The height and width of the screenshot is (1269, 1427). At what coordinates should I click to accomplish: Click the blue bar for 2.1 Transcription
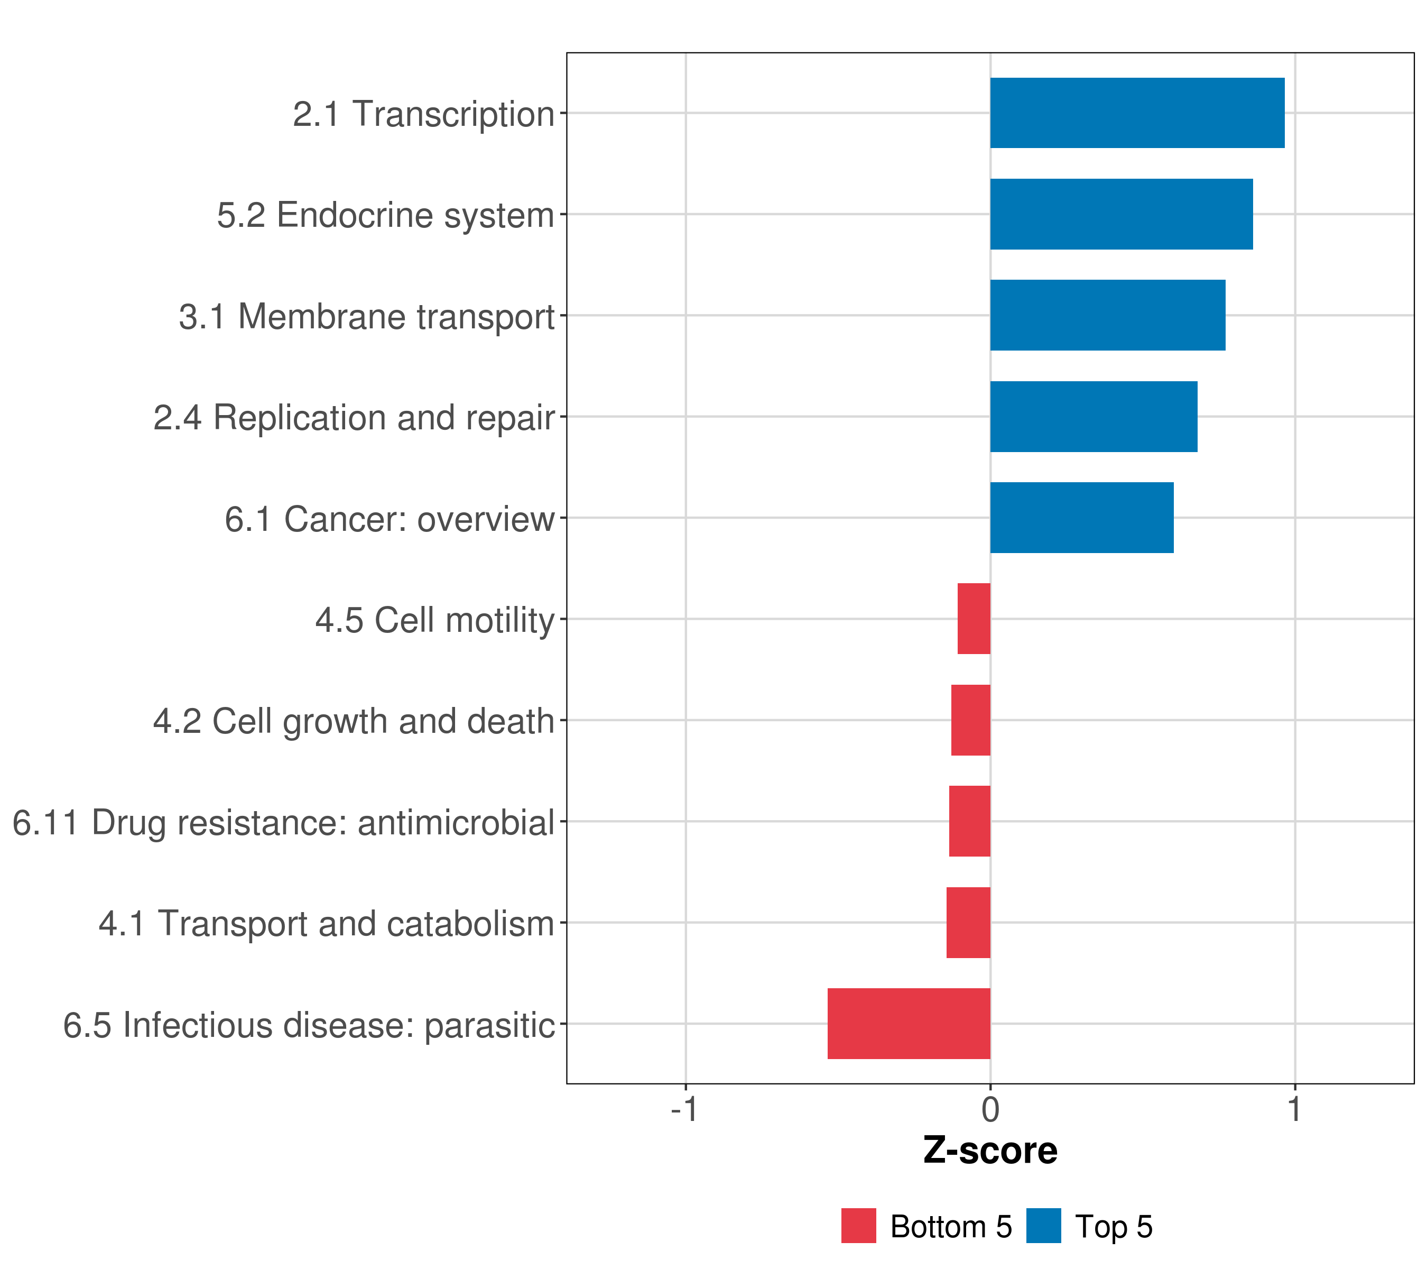coord(1136,113)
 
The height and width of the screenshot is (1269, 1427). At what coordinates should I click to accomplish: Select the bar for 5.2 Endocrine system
coord(1121,215)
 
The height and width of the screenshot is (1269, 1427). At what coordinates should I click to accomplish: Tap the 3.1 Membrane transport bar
coord(1107,316)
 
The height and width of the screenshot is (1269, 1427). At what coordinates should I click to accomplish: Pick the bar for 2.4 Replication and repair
coord(1094,417)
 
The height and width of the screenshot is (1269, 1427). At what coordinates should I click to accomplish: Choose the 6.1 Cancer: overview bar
coord(1081,518)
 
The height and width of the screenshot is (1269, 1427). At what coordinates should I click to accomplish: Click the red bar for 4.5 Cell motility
coord(974,619)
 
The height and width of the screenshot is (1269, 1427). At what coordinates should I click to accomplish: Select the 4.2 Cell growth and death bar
coord(970,720)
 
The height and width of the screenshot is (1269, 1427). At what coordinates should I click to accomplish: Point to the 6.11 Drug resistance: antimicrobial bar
coord(970,821)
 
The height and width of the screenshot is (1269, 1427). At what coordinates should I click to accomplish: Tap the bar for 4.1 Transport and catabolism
coord(968,923)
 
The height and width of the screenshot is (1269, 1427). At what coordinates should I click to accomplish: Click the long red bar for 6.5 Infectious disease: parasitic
coord(909,1024)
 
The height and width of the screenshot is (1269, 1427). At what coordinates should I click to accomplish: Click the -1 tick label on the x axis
coord(684,1110)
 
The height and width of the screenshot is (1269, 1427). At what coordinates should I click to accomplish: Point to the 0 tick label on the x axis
coord(990,1110)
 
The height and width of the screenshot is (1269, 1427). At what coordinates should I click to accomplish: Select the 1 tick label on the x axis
coord(1295,1110)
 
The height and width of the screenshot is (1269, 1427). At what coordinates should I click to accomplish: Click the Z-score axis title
coord(990,1151)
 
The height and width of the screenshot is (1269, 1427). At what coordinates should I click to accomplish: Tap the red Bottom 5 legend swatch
coord(858,1226)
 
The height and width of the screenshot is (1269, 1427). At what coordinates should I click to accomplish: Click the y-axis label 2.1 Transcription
coord(423,114)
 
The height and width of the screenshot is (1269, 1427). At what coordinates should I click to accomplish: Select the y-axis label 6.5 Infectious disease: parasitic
coord(309,1025)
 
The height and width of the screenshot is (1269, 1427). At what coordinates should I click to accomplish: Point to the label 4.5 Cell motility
coord(434,620)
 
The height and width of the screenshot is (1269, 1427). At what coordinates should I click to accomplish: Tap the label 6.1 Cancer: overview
coord(389,519)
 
